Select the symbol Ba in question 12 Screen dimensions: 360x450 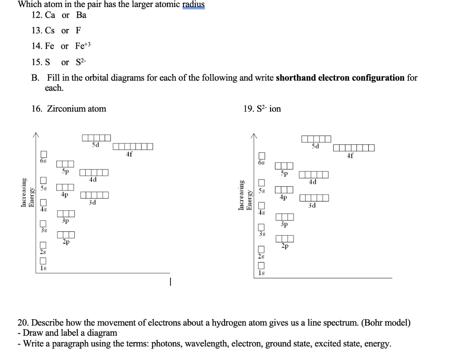81,15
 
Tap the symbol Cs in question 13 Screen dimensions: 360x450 50,31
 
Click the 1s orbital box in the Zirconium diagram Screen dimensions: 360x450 43,261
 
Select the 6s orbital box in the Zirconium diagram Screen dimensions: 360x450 43,154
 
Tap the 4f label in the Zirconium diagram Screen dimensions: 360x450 129,154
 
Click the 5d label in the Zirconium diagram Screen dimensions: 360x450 95,144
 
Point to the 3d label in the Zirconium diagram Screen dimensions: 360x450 92,202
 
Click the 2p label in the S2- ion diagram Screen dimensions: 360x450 285,247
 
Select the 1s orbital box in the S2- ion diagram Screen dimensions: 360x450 262,266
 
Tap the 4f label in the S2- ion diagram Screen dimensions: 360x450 350,155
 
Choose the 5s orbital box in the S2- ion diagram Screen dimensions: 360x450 262,183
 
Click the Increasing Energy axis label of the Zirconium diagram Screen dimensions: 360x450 27,192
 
